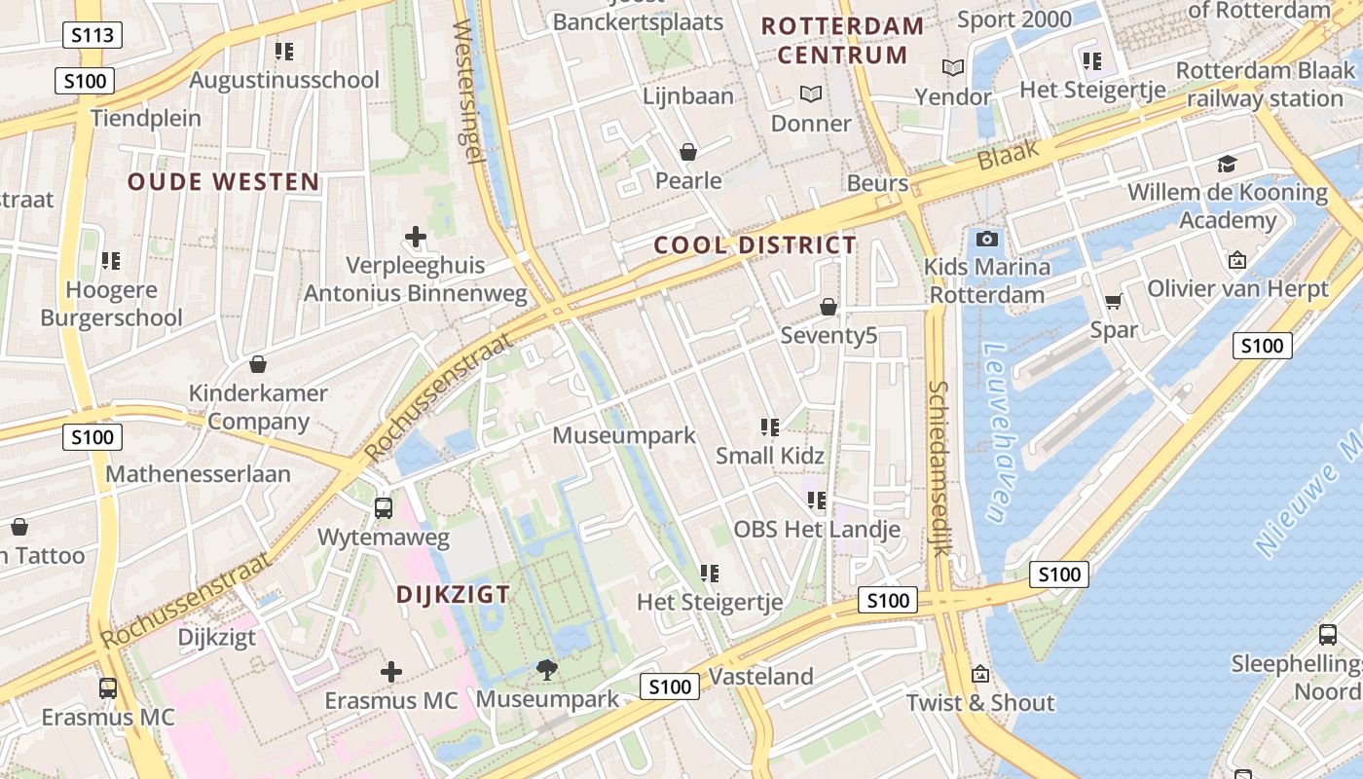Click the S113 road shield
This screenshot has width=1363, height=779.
tap(92, 36)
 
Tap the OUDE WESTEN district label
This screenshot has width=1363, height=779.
tap(223, 182)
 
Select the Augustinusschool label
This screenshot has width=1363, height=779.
tap(284, 80)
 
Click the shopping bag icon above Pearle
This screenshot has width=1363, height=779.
tap(688, 152)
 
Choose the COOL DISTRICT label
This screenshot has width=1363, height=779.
tap(755, 245)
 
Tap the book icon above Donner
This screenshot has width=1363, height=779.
tap(810, 94)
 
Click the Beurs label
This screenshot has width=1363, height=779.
tap(877, 183)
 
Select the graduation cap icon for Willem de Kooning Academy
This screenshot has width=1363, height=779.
tap(1227, 164)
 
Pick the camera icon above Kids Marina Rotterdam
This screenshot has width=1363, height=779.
tap(986, 239)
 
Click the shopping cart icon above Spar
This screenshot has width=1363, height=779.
tap(1113, 302)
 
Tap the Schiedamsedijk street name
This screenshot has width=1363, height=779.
tap(939, 467)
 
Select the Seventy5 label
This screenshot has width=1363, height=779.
tap(829, 336)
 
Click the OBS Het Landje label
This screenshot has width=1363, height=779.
tap(816, 530)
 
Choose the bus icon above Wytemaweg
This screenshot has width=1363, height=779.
tap(384, 507)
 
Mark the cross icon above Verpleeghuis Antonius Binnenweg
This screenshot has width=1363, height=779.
tap(416, 237)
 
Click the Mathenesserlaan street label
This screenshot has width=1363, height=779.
tap(198, 474)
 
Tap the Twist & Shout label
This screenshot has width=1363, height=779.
tap(980, 703)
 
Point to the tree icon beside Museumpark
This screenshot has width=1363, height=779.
tap(547, 669)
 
